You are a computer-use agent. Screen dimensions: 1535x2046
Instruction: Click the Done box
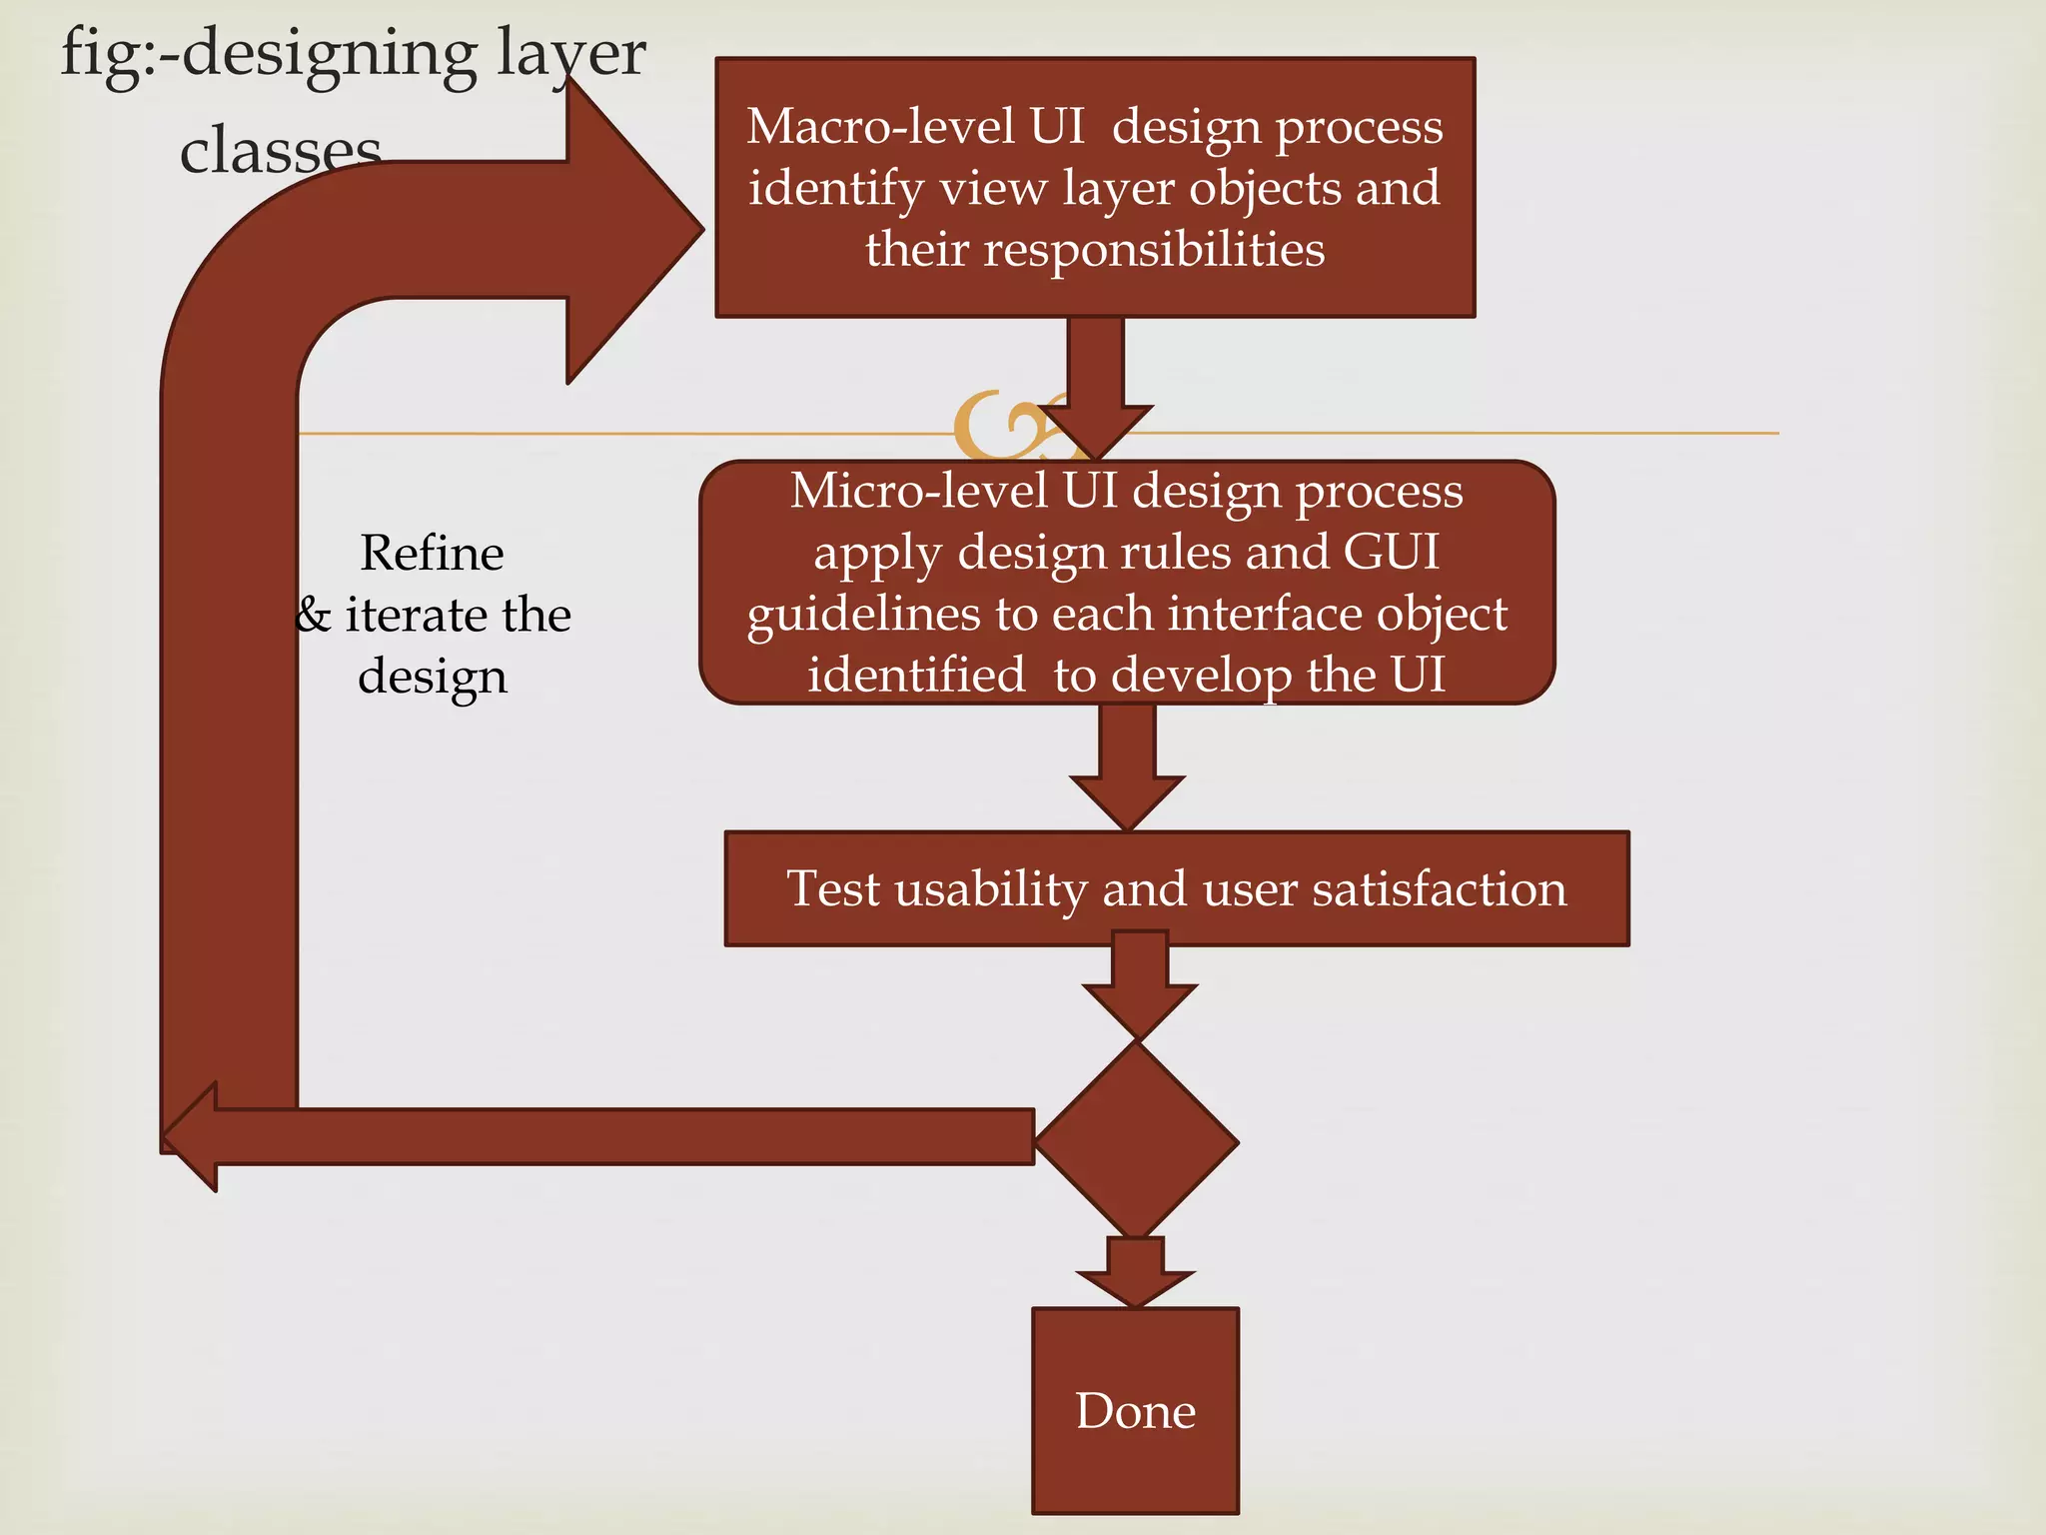1135,1410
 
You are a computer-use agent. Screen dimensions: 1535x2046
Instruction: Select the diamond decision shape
1137,1140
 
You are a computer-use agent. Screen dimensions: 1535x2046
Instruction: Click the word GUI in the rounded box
1391,552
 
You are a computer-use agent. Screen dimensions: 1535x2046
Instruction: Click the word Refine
432,554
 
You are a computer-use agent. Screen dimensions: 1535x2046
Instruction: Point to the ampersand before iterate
314,615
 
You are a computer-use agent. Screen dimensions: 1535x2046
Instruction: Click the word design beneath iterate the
432,677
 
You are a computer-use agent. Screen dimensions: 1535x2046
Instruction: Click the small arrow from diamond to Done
1135,1272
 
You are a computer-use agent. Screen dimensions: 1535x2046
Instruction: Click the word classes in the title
280,152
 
